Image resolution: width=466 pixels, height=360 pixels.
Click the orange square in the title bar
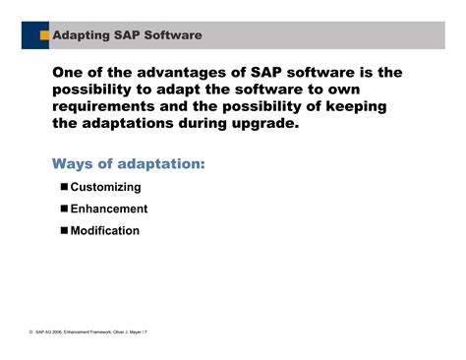coord(44,35)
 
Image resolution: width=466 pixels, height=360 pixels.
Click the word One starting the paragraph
coord(70,74)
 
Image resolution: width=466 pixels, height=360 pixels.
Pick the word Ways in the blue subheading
coord(76,162)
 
